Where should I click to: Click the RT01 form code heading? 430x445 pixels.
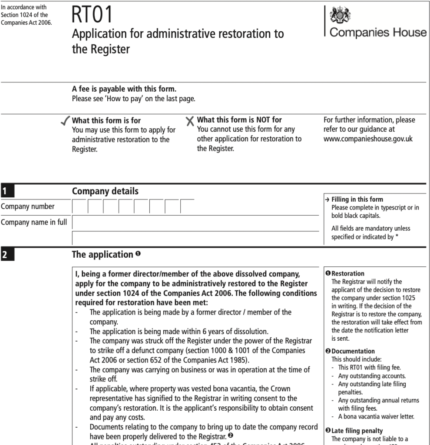click(x=92, y=15)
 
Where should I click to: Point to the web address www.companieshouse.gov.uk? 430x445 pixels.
click(x=368, y=139)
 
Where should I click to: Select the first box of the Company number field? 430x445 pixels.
click(x=80, y=206)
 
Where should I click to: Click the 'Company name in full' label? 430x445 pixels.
click(x=33, y=222)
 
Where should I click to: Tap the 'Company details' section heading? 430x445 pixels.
click(x=105, y=191)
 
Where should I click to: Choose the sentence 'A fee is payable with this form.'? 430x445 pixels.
click(x=124, y=90)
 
